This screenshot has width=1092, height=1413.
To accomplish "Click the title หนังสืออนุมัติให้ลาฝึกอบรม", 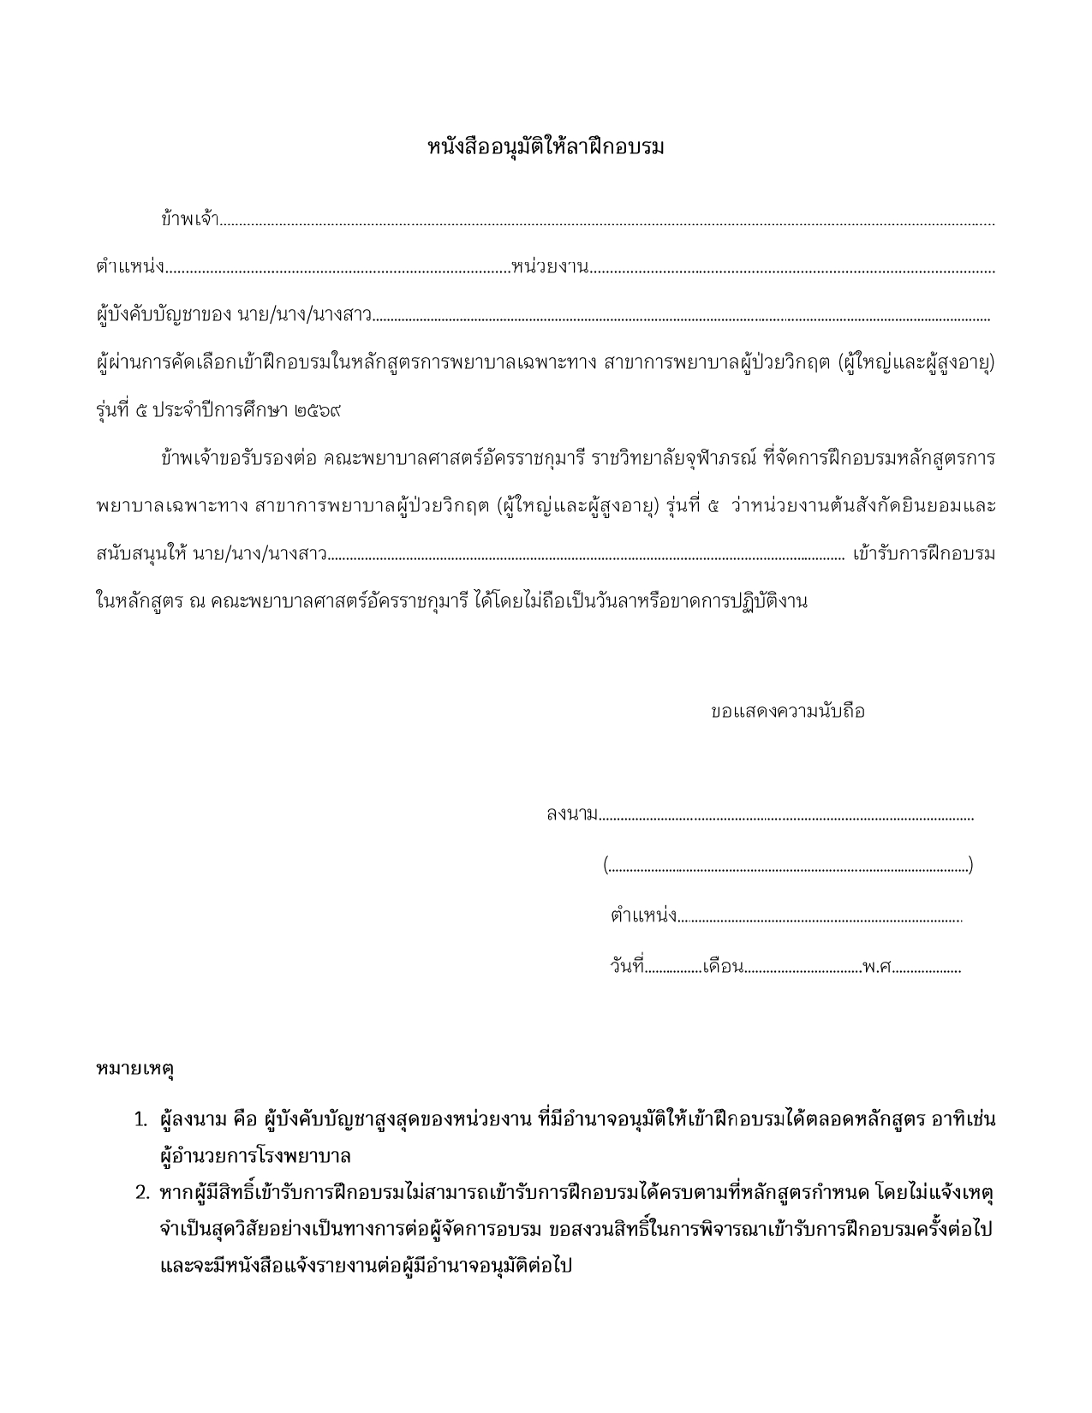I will pos(546,147).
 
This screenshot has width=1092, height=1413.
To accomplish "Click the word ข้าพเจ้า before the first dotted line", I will pos(189,219).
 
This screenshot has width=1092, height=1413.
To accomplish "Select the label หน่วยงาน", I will pos(549,267).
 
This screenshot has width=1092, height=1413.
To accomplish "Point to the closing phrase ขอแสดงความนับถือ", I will pos(787,712).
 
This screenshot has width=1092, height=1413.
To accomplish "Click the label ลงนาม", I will pos(571,814).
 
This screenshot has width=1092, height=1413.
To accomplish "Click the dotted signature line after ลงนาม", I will pos(785,818).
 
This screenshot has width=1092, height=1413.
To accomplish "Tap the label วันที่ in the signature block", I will pos(626,968).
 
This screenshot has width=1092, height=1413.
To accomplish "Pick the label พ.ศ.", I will pos(877,968).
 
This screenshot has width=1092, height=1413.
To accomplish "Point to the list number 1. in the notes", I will pos(141,1119).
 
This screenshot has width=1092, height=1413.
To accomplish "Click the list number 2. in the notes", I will pos(141,1192).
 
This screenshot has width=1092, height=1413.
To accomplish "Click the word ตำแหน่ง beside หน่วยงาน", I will pos(129,267).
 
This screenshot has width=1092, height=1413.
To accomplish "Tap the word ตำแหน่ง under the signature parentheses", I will pos(643,916).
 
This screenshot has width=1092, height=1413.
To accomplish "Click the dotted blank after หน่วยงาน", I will pos(792,271).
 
